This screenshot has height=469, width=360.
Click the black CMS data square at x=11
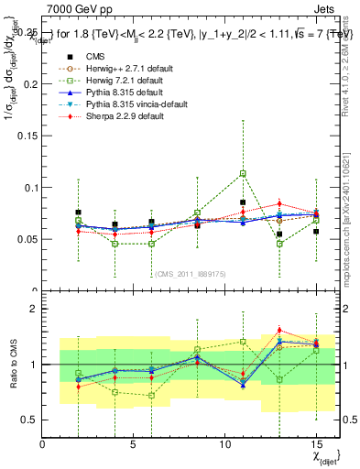click(x=243, y=202)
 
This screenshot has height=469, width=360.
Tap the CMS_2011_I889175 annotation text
click(x=192, y=274)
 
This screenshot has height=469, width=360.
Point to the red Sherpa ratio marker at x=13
click(x=279, y=330)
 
